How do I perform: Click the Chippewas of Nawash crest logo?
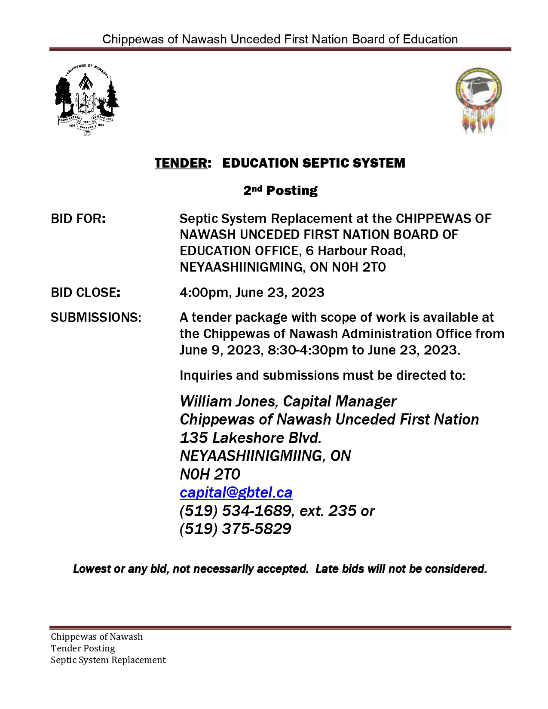click(87, 100)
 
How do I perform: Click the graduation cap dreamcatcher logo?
click(481, 100)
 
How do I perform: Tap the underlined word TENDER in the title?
click(181, 163)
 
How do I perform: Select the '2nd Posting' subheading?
click(280, 190)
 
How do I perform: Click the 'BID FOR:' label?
click(78, 219)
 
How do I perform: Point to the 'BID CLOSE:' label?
click(86, 293)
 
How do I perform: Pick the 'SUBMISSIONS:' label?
click(96, 318)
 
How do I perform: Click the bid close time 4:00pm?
click(204, 293)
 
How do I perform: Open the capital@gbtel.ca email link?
click(236, 492)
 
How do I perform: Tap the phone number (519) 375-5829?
click(235, 529)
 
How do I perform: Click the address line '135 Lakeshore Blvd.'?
click(251, 438)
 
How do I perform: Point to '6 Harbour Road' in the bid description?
click(355, 251)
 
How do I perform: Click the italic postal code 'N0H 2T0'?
click(210, 474)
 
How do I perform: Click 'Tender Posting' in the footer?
click(83, 648)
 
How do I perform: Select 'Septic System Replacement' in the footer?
click(108, 660)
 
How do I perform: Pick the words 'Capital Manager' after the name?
click(340, 401)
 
